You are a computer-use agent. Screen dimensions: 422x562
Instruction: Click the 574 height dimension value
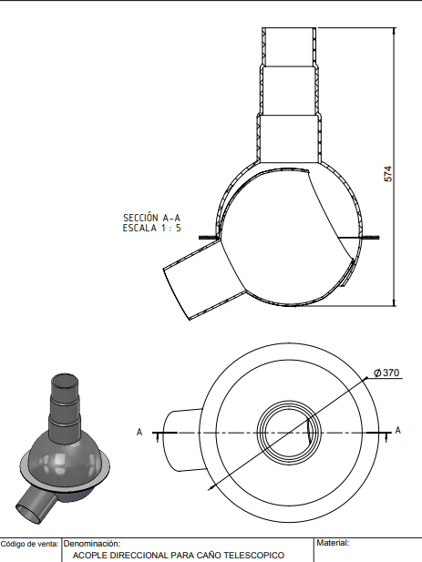click(x=388, y=174)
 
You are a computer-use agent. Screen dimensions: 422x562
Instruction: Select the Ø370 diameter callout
click(x=386, y=373)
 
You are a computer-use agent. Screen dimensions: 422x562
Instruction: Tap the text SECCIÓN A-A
click(x=151, y=218)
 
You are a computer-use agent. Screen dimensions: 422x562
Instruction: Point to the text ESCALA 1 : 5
click(x=151, y=228)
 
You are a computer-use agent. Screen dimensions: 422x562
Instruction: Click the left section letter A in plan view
click(x=139, y=433)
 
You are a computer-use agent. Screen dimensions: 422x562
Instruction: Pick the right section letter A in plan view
click(x=397, y=430)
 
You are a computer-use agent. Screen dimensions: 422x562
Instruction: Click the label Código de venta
click(x=29, y=544)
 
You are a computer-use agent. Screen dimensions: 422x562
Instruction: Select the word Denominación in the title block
click(x=92, y=544)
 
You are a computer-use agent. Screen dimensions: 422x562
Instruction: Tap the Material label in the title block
click(x=333, y=543)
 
